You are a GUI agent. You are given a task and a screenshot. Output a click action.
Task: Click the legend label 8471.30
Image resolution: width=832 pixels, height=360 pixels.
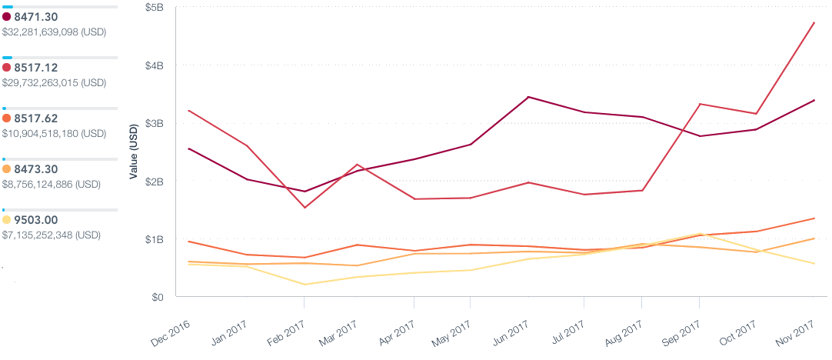click(x=35, y=17)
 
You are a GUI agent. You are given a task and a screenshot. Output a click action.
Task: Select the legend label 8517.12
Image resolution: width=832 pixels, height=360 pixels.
click(x=35, y=68)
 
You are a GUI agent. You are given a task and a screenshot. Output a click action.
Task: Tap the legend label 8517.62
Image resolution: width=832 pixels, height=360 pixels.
click(x=35, y=118)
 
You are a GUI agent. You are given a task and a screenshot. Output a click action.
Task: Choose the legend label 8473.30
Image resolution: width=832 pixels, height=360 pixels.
click(x=35, y=169)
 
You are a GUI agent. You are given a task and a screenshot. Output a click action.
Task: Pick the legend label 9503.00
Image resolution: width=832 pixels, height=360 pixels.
click(x=35, y=220)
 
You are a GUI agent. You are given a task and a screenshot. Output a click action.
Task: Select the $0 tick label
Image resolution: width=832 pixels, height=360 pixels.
click(x=157, y=297)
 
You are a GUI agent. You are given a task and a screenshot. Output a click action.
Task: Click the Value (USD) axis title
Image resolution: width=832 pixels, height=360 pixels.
click(x=134, y=151)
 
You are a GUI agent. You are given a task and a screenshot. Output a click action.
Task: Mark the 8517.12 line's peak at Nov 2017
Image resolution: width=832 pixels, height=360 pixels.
click(x=814, y=23)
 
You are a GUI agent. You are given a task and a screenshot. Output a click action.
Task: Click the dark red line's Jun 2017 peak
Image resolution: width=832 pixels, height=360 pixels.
click(x=527, y=97)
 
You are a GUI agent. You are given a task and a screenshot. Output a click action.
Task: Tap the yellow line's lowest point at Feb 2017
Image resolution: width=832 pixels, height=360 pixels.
click(x=304, y=285)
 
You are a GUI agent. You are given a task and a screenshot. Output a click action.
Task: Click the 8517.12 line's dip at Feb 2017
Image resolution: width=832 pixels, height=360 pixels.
click(x=304, y=208)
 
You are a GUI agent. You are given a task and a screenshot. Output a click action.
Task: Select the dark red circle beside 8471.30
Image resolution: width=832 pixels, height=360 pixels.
click(x=7, y=17)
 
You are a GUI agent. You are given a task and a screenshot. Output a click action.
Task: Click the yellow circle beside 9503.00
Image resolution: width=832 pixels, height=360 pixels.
click(x=7, y=220)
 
